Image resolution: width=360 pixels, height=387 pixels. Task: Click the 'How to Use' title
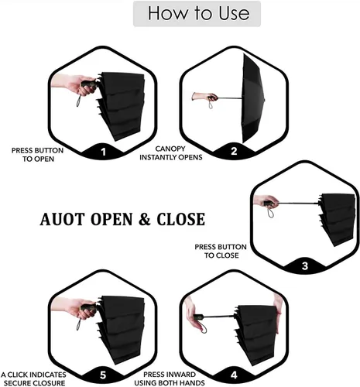pos(198,13)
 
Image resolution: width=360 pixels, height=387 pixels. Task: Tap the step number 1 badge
pos(103,152)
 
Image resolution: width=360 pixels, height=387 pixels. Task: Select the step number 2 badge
pos(234,151)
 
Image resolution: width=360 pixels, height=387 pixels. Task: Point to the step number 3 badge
pos(305,265)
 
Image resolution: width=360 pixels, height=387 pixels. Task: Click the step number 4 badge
pos(234,375)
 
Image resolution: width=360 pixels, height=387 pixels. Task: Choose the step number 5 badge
pos(103,375)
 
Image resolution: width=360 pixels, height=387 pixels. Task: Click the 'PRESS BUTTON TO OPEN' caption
pos(38,155)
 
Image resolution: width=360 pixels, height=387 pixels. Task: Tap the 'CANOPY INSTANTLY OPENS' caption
pos(171,153)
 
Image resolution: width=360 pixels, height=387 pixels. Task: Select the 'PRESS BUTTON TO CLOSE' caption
pos(221,251)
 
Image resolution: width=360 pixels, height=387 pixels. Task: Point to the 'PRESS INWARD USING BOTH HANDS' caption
pos(170,378)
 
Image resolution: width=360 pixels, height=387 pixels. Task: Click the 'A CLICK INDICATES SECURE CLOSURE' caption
pos(33,378)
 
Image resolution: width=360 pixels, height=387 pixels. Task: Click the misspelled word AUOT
pos(62,219)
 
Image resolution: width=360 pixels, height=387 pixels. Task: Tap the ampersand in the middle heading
pos(145,219)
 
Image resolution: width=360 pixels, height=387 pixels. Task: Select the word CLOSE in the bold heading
pos(181,219)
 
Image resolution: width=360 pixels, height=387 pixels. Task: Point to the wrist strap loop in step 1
pos(79,101)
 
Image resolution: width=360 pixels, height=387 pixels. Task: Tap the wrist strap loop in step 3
pos(270,212)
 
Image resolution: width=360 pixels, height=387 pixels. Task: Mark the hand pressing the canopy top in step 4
pos(278,314)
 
